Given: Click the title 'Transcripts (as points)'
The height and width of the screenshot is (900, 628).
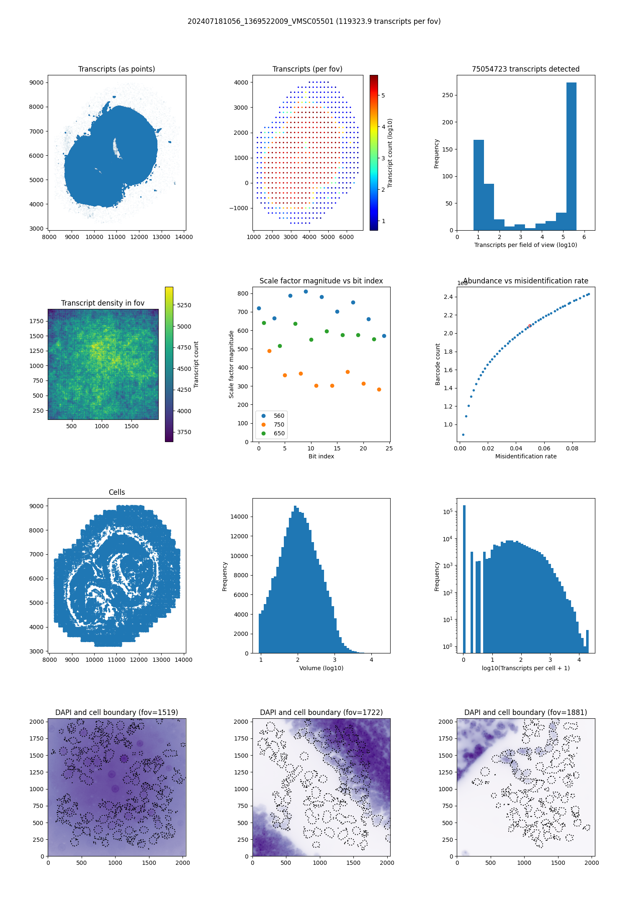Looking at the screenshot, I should click(116, 69).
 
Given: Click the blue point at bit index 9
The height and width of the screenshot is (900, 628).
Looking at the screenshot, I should click(306, 291).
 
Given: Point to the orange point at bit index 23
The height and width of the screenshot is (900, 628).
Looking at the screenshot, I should click(379, 389).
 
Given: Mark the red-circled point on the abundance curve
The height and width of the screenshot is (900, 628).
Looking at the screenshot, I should click(530, 326).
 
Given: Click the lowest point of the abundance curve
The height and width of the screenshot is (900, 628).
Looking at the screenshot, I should click(463, 435).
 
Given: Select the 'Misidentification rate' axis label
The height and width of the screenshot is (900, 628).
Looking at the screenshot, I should click(526, 456).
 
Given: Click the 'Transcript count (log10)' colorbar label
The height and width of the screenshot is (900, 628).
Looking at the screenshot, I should click(390, 153).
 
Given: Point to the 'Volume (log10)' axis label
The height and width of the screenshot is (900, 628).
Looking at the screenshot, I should click(321, 668).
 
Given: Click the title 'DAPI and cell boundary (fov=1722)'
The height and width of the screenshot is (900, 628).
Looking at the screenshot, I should click(321, 712).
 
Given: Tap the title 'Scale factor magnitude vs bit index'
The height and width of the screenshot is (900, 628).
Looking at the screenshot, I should click(321, 281).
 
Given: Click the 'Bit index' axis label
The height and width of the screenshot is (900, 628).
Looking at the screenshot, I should click(321, 456).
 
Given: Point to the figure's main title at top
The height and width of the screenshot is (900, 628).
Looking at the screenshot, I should click(314, 21).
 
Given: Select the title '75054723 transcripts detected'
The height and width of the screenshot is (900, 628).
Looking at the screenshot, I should click(525, 69).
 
